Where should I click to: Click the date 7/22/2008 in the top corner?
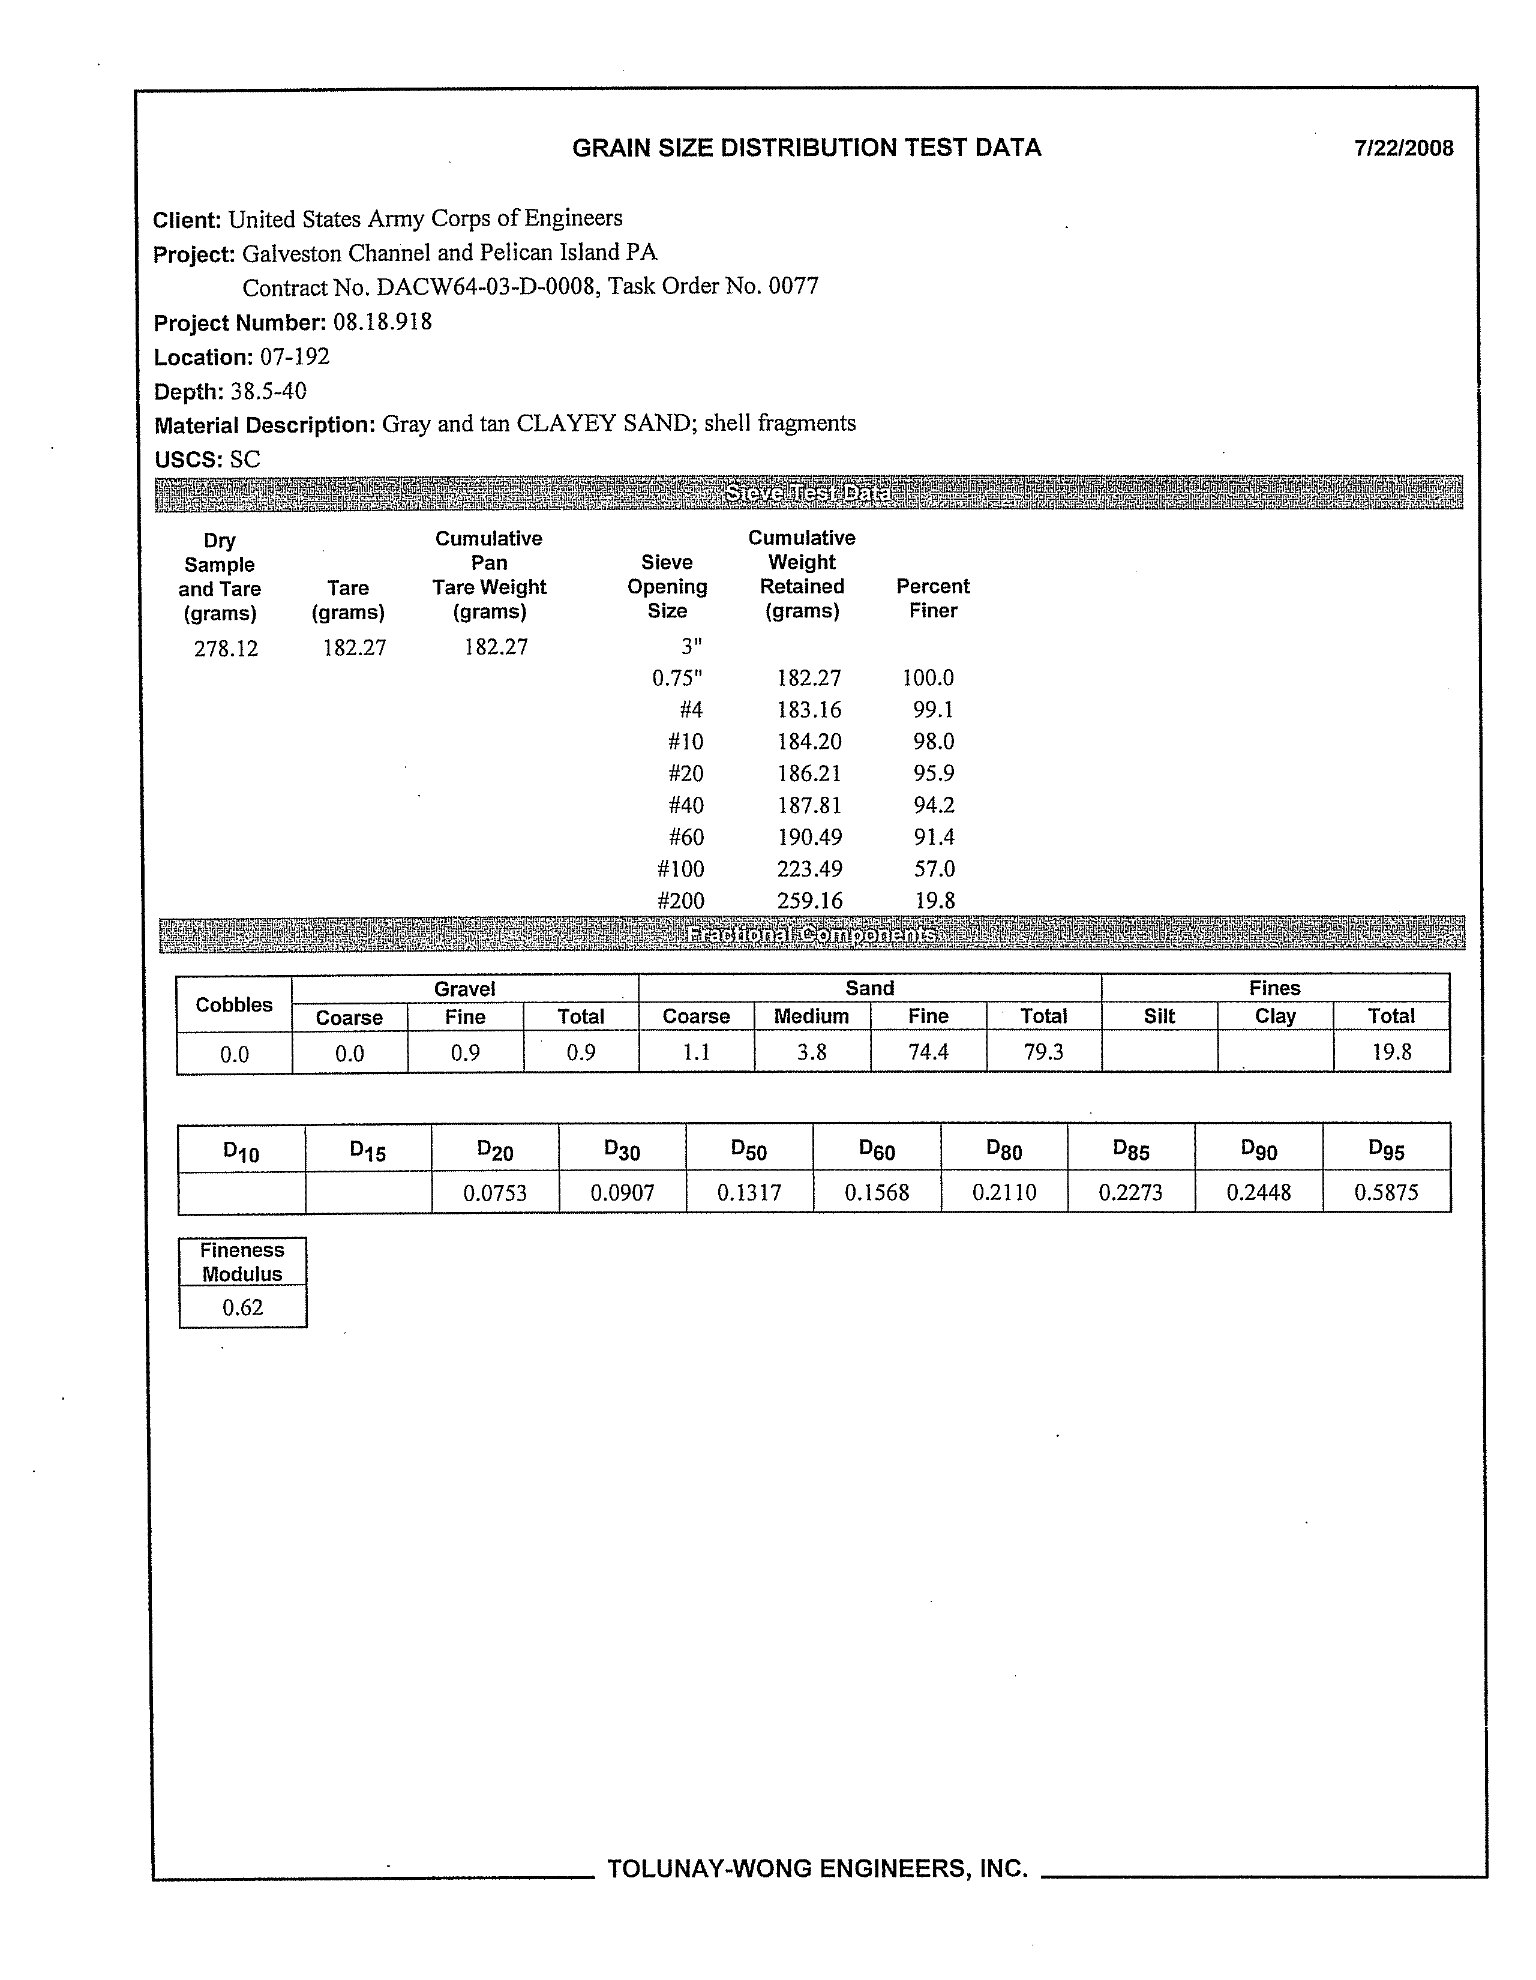(x=1403, y=149)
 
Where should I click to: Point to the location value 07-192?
(x=295, y=356)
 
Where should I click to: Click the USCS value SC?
(x=245, y=460)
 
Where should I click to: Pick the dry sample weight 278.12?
(x=226, y=648)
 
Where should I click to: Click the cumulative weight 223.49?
(x=809, y=869)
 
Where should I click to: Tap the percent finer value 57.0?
(x=933, y=869)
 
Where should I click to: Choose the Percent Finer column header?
(x=933, y=598)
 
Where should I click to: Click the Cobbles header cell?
(x=234, y=1004)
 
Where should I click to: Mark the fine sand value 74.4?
(x=928, y=1052)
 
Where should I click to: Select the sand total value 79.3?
(x=1043, y=1052)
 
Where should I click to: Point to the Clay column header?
(x=1275, y=1016)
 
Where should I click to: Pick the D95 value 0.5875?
(x=1385, y=1192)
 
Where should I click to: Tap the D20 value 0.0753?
(x=495, y=1192)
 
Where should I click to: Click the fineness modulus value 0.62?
(x=242, y=1307)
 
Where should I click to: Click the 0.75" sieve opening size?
(x=677, y=678)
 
